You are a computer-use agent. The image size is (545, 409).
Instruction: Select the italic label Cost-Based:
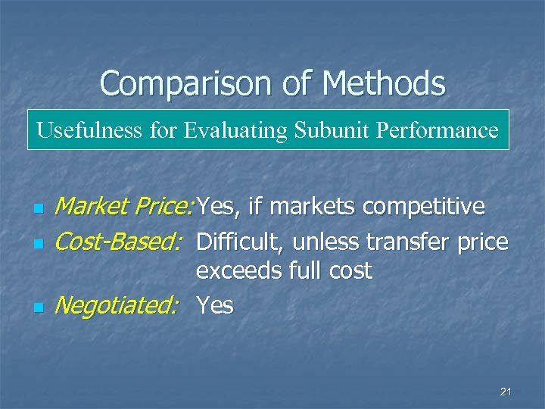click(x=118, y=242)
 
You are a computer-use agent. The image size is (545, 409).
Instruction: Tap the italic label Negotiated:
click(x=117, y=305)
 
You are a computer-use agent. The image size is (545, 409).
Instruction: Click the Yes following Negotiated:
click(x=215, y=305)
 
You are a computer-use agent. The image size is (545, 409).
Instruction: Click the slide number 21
click(x=506, y=391)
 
